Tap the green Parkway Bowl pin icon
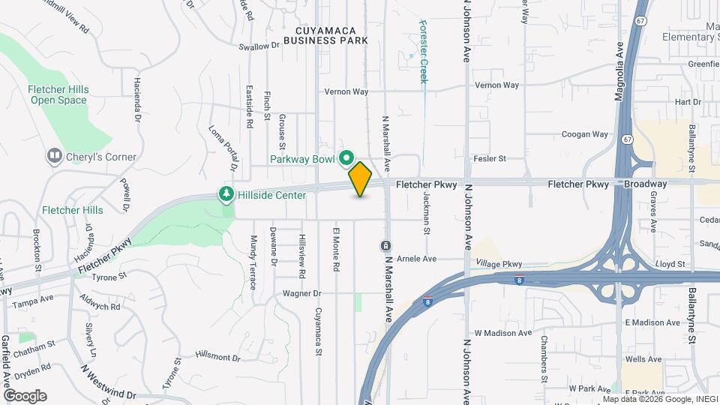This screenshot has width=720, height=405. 346,158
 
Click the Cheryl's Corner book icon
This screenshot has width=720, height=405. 54,157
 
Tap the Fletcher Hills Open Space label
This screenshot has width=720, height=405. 58,94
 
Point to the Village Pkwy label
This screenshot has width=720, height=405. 499,264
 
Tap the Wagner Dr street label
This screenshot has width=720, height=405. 302,293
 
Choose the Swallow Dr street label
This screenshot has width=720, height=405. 259,46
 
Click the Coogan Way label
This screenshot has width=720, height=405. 585,135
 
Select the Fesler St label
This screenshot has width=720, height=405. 490,158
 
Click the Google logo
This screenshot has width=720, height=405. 25,395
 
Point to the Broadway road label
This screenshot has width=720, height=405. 647,184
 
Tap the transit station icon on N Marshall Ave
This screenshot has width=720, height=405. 385,246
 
